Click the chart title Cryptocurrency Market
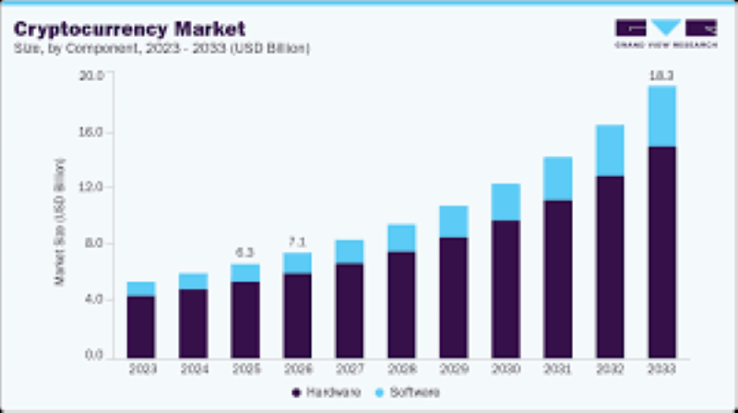click(129, 27)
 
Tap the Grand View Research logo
click(665, 33)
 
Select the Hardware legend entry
click(322, 392)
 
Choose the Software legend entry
click(405, 392)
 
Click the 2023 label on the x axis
click(141, 370)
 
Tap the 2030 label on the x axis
click(506, 370)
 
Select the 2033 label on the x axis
click(661, 370)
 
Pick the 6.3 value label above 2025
click(244, 251)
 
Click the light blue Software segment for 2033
click(661, 116)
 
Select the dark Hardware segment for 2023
click(141, 326)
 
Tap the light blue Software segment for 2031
click(557, 179)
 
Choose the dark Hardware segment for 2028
click(401, 304)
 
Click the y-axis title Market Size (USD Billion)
click(61, 221)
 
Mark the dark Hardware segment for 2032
click(610, 266)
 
